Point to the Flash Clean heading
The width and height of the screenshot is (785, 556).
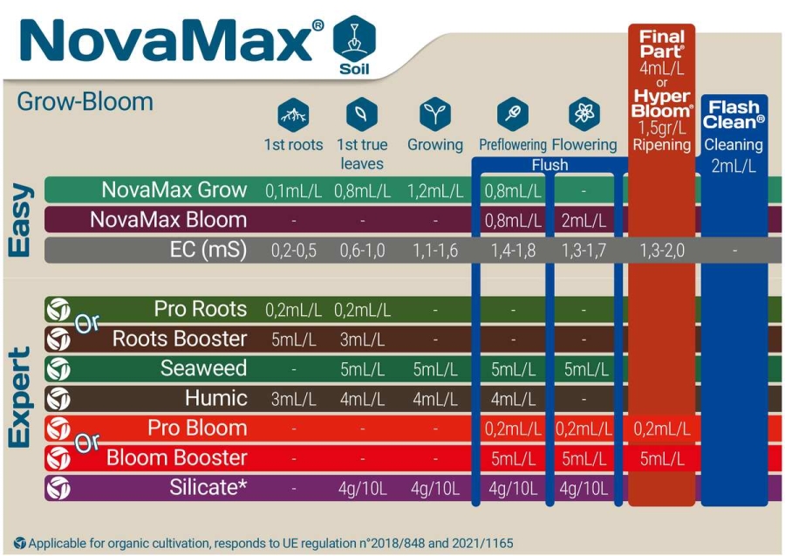click(734, 113)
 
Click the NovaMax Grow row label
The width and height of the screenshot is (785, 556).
click(174, 190)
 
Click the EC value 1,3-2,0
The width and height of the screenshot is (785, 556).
click(661, 251)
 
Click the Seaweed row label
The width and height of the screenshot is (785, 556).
click(203, 368)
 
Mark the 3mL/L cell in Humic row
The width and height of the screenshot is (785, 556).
click(293, 399)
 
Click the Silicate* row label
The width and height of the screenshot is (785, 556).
click(208, 487)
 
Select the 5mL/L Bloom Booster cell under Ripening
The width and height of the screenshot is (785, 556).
click(661, 458)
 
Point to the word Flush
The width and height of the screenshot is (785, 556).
click(549, 165)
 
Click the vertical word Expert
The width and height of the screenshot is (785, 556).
click(21, 397)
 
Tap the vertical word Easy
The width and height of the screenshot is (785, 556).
click(21, 219)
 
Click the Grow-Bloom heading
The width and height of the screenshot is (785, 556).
click(85, 102)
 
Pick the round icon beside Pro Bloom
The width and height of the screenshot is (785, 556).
click(58, 429)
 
